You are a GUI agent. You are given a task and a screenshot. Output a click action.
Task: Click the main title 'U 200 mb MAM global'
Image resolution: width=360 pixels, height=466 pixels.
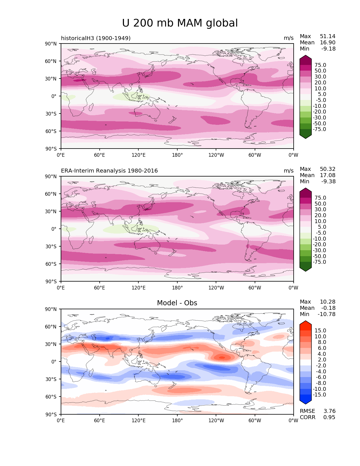coord(180,23)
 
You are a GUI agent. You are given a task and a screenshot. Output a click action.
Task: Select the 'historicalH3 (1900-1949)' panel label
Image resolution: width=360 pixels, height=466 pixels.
coord(96,38)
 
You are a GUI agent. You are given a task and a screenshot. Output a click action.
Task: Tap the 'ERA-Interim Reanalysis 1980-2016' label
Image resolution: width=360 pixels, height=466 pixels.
coord(109,171)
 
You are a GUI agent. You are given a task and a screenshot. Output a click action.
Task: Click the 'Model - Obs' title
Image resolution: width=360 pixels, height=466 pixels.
coord(177,303)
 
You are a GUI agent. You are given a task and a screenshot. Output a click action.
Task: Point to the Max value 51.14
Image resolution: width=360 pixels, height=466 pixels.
coord(328,36)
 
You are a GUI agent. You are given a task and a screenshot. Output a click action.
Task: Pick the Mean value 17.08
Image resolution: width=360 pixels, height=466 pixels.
coord(328,175)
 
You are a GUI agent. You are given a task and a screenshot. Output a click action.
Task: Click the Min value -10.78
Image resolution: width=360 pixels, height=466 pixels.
coord(326,314)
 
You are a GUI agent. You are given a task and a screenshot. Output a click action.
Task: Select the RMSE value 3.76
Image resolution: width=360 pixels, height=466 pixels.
coord(330,411)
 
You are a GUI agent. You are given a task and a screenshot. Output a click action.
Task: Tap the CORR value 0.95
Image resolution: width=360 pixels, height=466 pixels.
coord(329,417)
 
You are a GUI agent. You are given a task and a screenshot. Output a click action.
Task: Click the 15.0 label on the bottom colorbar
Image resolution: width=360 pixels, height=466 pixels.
coord(320,331)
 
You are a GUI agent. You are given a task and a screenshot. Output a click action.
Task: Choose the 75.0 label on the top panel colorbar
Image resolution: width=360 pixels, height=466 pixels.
coord(320,65)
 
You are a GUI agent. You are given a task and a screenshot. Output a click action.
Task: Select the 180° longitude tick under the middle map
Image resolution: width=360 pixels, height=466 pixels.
coord(177,288)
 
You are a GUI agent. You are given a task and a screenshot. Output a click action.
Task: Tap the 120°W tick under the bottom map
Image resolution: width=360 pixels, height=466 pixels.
coord(216,421)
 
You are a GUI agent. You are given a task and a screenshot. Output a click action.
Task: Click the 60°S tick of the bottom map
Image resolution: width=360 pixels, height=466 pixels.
coord(51,397)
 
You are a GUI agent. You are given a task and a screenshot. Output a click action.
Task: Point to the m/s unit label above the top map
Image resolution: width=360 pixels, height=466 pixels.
coord(289,38)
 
